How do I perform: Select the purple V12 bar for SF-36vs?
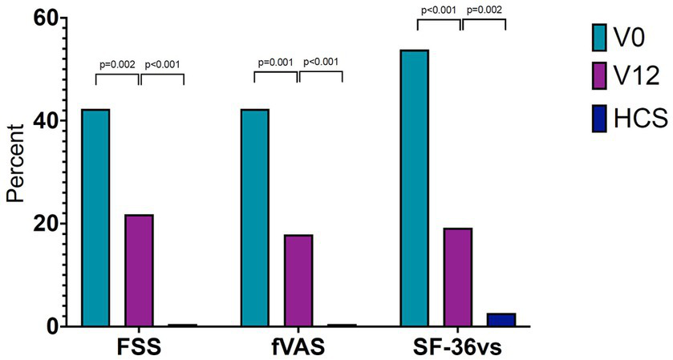pos(458,277)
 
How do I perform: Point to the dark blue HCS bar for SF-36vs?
pos(501,320)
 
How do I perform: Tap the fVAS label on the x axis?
pos(298,346)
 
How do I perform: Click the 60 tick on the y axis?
pos(47,18)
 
